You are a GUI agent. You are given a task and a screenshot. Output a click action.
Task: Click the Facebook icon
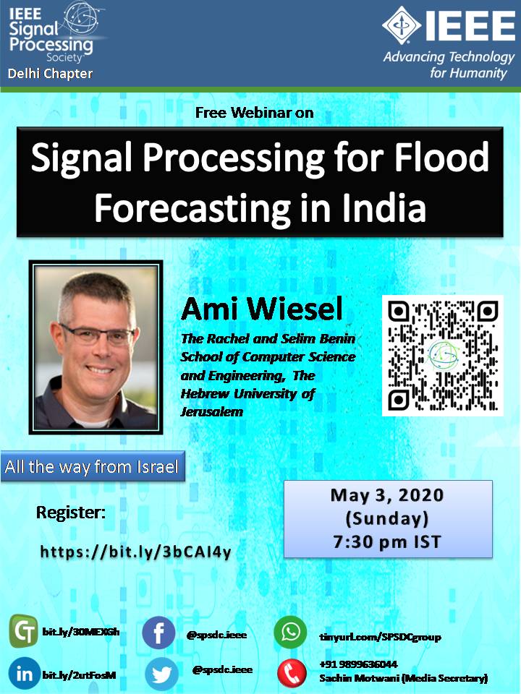[158, 633]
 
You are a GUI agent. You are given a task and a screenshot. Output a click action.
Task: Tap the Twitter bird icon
[161, 674]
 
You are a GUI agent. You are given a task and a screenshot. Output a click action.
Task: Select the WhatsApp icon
[290, 632]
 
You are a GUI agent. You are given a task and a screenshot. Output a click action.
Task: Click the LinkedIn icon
[25, 674]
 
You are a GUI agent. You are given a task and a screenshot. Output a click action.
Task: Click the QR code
[443, 356]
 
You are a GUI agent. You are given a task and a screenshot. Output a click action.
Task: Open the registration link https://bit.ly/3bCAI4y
[135, 552]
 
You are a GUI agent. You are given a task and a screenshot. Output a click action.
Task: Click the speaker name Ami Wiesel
[262, 309]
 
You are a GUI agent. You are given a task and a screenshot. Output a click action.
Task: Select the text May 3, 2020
[387, 494]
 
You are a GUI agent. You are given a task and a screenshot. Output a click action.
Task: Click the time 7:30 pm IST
[387, 541]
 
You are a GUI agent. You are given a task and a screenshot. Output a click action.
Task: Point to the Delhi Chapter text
[50, 74]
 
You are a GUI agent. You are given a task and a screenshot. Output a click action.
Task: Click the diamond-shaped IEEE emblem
[402, 25]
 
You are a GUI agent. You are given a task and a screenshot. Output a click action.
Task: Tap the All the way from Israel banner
[93, 466]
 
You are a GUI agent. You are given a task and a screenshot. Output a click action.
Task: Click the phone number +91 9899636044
[358, 664]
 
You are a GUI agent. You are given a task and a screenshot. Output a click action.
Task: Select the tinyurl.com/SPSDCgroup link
[380, 638]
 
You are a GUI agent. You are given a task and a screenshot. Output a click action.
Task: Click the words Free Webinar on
[254, 113]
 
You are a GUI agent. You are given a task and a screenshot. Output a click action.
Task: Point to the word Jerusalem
[212, 412]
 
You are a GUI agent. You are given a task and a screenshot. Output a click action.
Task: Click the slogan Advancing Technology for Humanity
[449, 64]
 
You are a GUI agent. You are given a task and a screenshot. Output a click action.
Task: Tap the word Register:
[71, 513]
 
